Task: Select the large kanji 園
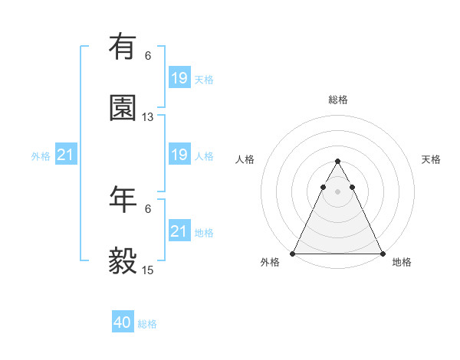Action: (x=123, y=108)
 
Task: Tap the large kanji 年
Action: (x=123, y=199)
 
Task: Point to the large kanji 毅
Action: (x=123, y=261)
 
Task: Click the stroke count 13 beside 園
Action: (x=148, y=117)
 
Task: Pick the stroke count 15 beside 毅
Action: (x=148, y=270)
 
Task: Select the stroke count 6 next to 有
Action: (x=148, y=55)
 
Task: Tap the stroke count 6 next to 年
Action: (x=148, y=208)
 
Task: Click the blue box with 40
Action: (x=123, y=322)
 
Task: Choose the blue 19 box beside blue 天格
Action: (x=179, y=77)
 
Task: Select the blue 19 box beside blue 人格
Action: (x=179, y=155)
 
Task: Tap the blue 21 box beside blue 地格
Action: (x=179, y=231)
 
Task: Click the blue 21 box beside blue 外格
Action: (x=66, y=155)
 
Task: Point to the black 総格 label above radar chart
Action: (x=337, y=100)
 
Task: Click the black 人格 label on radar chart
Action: (x=246, y=159)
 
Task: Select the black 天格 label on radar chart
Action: (x=431, y=159)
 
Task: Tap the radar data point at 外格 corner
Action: (x=293, y=253)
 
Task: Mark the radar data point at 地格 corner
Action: (x=382, y=253)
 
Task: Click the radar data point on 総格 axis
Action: (x=337, y=162)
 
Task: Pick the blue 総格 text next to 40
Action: (x=147, y=324)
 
